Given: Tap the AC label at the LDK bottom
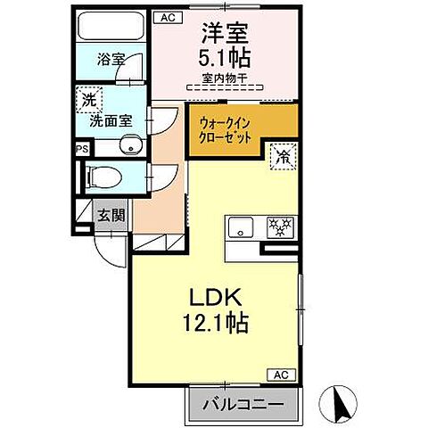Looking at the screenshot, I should click(x=280, y=374).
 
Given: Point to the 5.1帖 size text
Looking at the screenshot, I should click(x=224, y=58).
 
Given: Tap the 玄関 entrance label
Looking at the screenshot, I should click(x=111, y=215).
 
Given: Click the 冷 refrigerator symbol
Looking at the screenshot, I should click(x=284, y=155).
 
